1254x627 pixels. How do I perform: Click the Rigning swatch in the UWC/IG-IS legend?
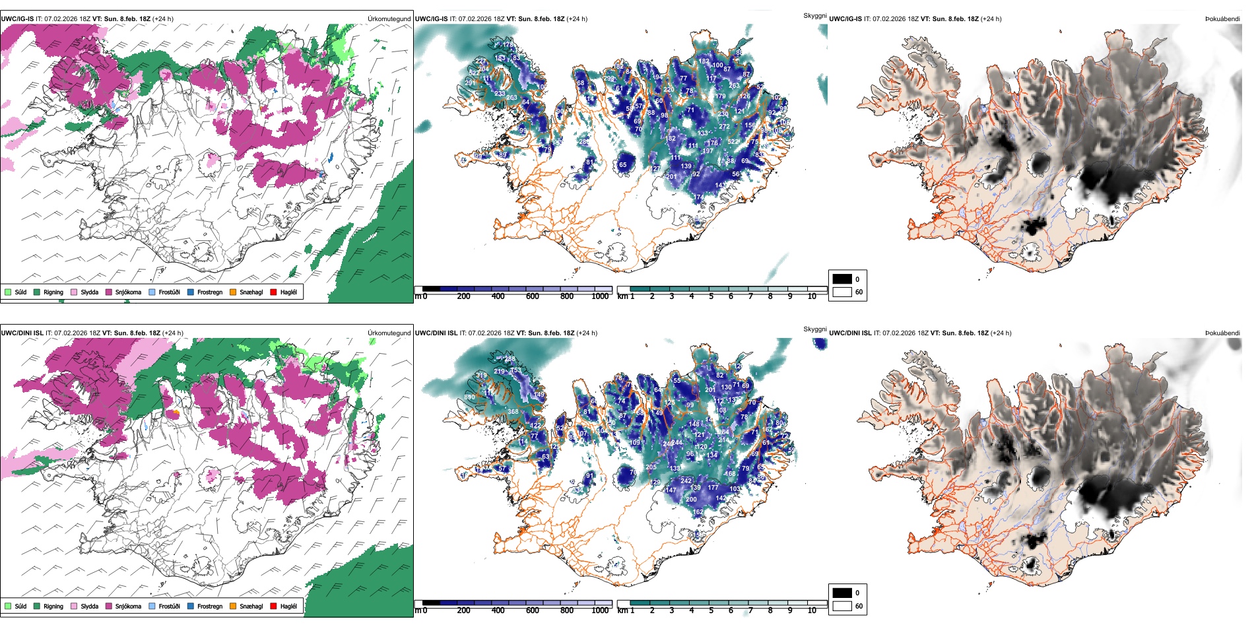tap(37, 292)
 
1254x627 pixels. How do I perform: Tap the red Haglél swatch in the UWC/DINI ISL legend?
tap(273, 606)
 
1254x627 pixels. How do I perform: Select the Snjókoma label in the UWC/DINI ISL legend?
tap(128, 606)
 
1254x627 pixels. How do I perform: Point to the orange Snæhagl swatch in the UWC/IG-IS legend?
tap(233, 292)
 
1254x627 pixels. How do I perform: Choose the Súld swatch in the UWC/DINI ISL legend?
tap(8, 606)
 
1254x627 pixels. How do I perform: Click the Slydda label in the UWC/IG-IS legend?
tap(89, 292)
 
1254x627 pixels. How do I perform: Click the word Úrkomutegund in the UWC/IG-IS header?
tap(389, 19)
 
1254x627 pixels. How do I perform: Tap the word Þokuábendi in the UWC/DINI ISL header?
tap(1222, 333)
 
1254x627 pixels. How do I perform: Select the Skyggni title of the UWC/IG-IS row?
tap(814, 15)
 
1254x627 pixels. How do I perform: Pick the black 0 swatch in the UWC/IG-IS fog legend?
tap(842, 279)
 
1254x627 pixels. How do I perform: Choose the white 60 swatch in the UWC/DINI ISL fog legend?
tap(842, 606)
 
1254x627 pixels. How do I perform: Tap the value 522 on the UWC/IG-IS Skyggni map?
tap(733, 142)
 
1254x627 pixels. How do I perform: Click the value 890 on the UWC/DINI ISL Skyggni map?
tap(469, 397)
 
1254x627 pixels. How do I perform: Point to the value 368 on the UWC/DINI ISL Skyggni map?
tap(513, 412)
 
